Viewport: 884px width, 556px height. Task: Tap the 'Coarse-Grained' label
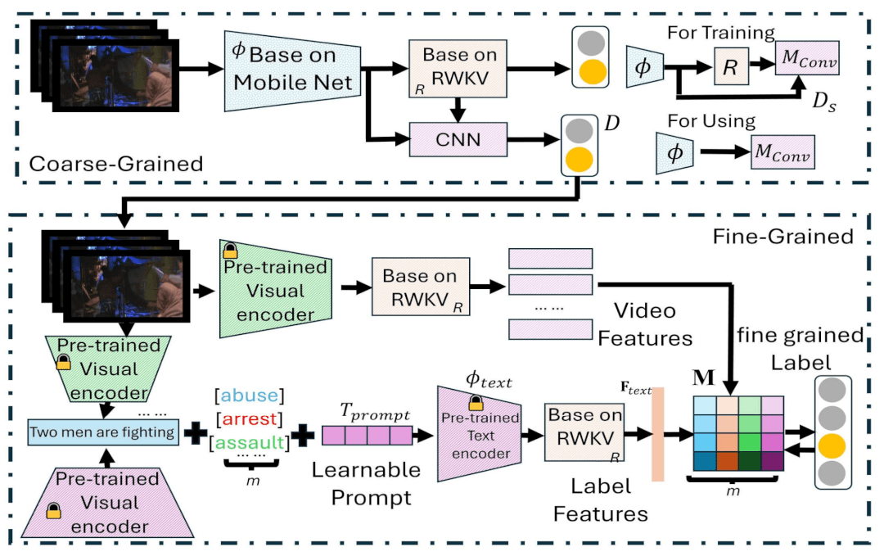115,164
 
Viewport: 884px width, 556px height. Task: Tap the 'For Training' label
720,33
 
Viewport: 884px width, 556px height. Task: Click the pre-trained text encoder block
481,432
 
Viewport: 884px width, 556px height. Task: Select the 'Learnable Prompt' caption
365,482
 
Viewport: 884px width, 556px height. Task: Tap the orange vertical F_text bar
657,435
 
